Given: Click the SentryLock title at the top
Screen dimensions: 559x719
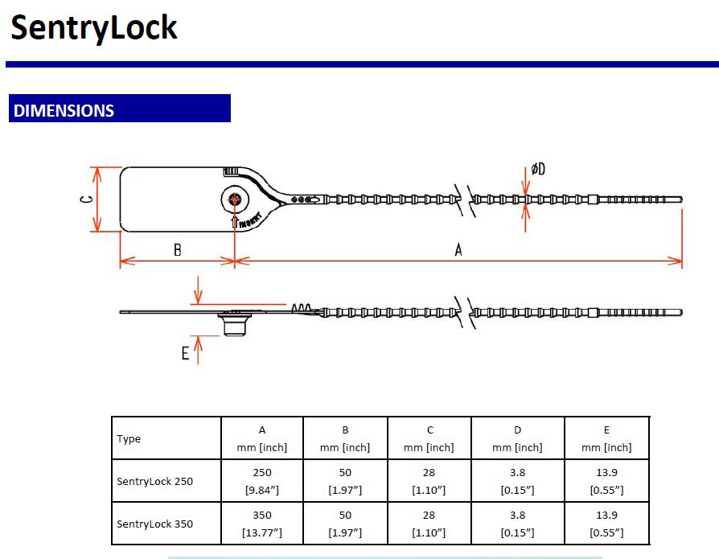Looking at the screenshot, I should click(x=93, y=28).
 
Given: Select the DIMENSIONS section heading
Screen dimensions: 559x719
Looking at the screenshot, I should click(x=64, y=110).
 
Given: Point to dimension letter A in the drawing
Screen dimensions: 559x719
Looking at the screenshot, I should click(x=458, y=250).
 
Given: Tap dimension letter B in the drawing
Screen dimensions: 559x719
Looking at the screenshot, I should click(x=177, y=250).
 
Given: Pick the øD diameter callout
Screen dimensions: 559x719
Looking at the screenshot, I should click(x=537, y=169).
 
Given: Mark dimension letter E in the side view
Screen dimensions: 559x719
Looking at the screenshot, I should click(x=185, y=352).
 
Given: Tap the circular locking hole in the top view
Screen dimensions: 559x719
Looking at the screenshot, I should click(x=235, y=199).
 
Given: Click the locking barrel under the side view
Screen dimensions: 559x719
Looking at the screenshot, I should click(x=234, y=326).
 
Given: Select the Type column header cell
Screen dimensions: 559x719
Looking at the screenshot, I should click(x=129, y=438).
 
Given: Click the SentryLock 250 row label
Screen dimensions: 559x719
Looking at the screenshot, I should click(x=155, y=482).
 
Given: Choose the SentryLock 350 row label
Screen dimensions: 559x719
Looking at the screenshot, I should click(x=155, y=524).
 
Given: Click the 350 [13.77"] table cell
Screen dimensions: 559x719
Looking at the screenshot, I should click(x=262, y=524).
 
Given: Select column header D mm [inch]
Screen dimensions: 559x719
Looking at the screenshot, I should click(x=517, y=438).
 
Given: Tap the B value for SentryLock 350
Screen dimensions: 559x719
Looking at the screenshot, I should click(x=345, y=524).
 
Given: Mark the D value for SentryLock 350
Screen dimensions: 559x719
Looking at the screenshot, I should click(x=517, y=524).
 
